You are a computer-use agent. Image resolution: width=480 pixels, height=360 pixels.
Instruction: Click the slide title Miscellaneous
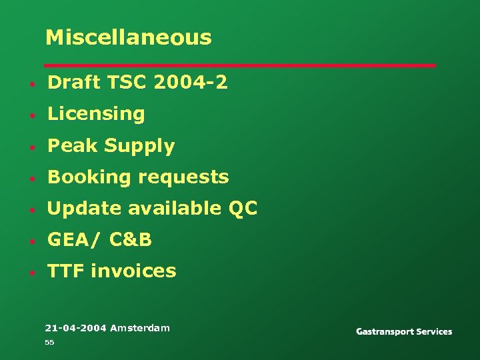(x=128, y=37)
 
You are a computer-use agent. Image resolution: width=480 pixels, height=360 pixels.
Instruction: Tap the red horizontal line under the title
(x=240, y=65)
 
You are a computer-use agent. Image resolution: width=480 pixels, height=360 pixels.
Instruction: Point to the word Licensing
(x=96, y=114)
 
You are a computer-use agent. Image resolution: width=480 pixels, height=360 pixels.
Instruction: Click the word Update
(x=85, y=209)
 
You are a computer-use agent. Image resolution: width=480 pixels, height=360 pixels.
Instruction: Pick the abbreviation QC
(x=243, y=209)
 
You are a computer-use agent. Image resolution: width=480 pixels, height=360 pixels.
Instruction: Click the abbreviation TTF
(x=66, y=271)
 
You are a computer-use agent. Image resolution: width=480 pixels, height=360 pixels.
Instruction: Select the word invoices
(x=133, y=271)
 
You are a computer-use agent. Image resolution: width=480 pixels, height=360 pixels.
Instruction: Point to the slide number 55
(x=49, y=342)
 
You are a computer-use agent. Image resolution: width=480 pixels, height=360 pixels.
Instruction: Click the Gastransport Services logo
(x=404, y=331)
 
